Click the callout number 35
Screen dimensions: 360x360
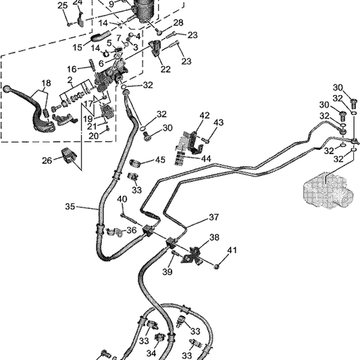[70, 207]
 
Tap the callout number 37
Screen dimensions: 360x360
[213, 217]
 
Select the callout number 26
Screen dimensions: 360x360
[47, 161]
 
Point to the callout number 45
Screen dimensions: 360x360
[160, 160]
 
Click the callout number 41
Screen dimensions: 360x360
[232, 250]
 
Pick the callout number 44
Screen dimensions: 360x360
[206, 159]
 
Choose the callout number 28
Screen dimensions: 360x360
[178, 23]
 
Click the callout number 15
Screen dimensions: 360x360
[78, 47]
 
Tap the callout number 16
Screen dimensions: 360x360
[72, 69]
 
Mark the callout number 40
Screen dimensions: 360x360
[122, 199]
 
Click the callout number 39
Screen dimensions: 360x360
[168, 272]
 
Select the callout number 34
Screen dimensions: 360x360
[151, 353]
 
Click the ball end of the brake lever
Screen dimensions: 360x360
[7, 88]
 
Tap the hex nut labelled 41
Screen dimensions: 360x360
[216, 266]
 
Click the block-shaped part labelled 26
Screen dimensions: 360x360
[68, 156]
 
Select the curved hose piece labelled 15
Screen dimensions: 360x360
[101, 36]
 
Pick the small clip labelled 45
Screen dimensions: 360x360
[136, 163]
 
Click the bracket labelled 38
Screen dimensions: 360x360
[191, 255]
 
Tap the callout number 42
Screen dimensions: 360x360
[205, 115]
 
